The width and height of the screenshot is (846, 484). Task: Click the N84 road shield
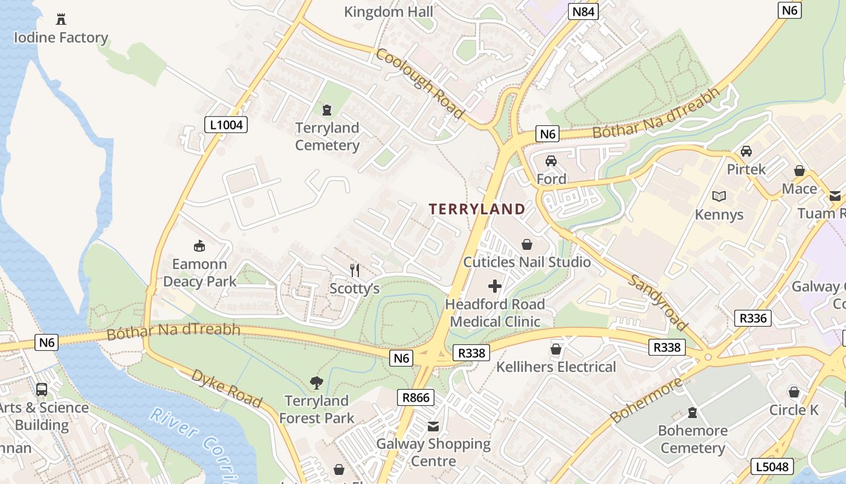tap(583, 10)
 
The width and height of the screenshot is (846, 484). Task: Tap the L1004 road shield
tap(226, 125)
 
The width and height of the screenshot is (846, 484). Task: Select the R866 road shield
tap(416, 397)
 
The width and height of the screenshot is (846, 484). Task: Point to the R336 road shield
tap(753, 318)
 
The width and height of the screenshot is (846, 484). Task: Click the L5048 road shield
tap(772, 466)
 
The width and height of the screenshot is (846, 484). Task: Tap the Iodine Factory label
tap(60, 38)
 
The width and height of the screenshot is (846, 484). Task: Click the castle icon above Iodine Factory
tap(60, 19)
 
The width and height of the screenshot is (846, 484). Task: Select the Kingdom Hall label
tap(389, 11)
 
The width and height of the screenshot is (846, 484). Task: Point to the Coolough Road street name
tap(421, 83)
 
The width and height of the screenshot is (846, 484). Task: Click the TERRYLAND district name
tap(477, 209)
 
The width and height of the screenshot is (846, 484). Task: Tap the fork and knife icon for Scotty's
tap(355, 270)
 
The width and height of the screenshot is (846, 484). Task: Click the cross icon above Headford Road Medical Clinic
tap(495, 286)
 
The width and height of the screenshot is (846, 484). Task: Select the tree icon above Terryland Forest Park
tap(316, 382)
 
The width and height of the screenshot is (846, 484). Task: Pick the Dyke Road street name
tap(227, 388)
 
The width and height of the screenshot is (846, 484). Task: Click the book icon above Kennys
tap(719, 196)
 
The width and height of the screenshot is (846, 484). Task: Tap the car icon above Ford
tap(551, 161)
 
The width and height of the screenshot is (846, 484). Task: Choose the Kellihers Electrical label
tap(556, 367)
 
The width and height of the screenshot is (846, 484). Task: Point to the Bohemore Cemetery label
tap(693, 439)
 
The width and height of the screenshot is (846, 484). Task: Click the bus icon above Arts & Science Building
tap(42, 389)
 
